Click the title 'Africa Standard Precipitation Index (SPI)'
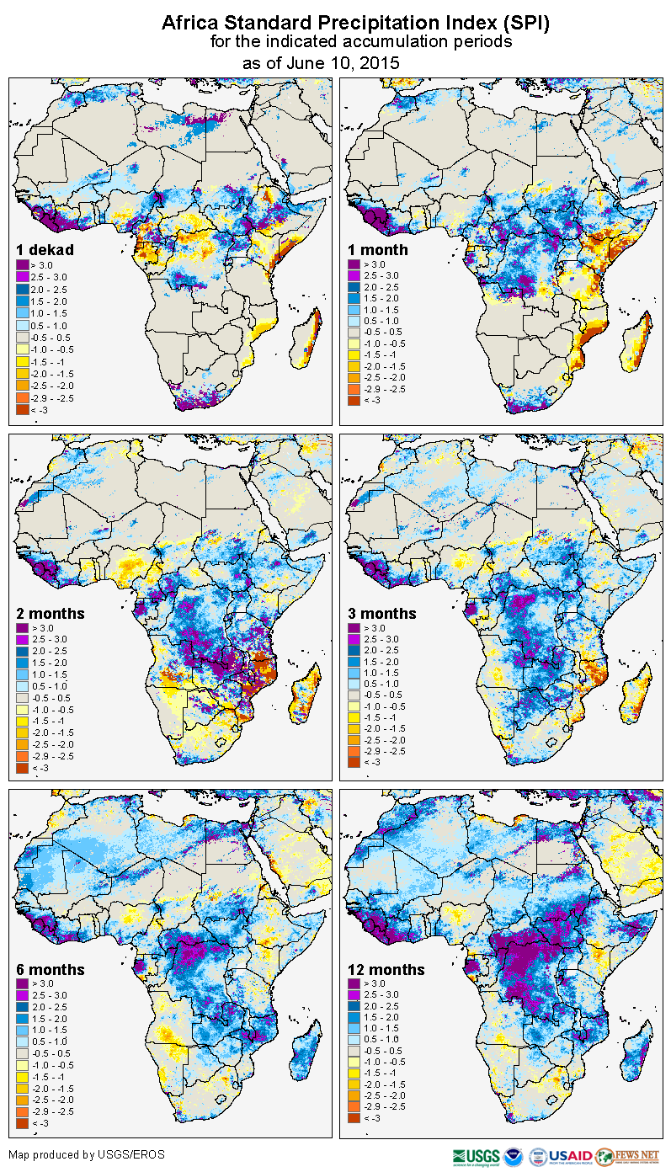(355, 23)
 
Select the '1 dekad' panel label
(45, 250)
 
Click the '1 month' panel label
(378, 250)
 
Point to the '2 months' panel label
(51, 614)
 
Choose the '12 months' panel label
(386, 970)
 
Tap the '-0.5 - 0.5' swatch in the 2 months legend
(23, 695)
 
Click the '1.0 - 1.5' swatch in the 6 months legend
(23, 1028)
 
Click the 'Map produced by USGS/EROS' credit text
(87, 1154)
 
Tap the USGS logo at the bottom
(477, 1155)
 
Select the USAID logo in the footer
(572, 1155)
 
